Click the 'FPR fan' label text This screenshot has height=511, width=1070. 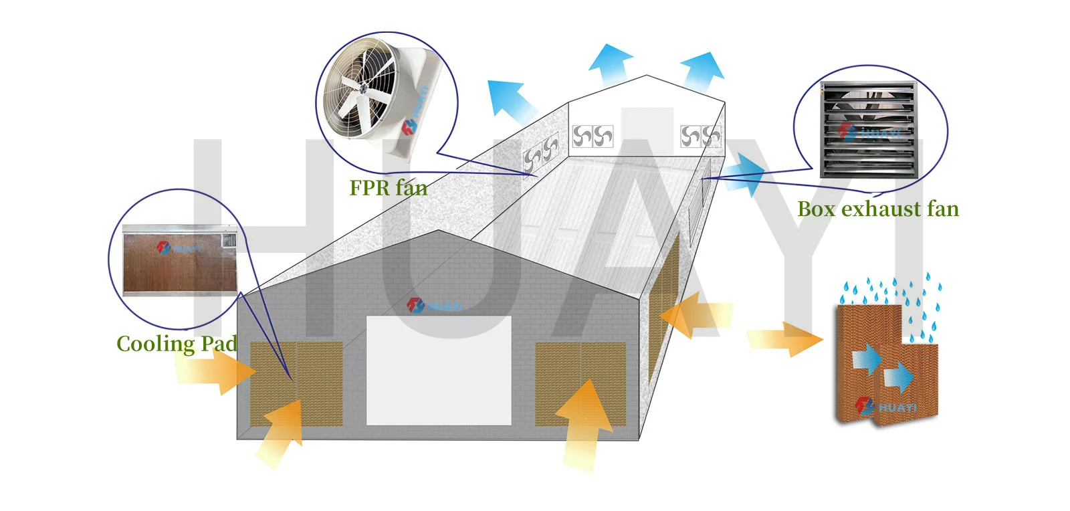click(389, 188)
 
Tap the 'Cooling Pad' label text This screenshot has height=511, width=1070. click(177, 344)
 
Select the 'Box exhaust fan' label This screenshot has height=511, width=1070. click(878, 209)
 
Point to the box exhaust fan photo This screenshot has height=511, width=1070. click(869, 130)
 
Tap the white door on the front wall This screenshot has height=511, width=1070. click(439, 370)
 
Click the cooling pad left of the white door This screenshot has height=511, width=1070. click(297, 383)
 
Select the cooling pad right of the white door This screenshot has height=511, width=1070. click(580, 383)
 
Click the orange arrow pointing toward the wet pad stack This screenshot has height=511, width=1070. click(785, 339)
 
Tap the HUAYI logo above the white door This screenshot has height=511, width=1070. click(435, 305)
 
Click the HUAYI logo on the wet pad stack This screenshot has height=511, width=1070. click(885, 407)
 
